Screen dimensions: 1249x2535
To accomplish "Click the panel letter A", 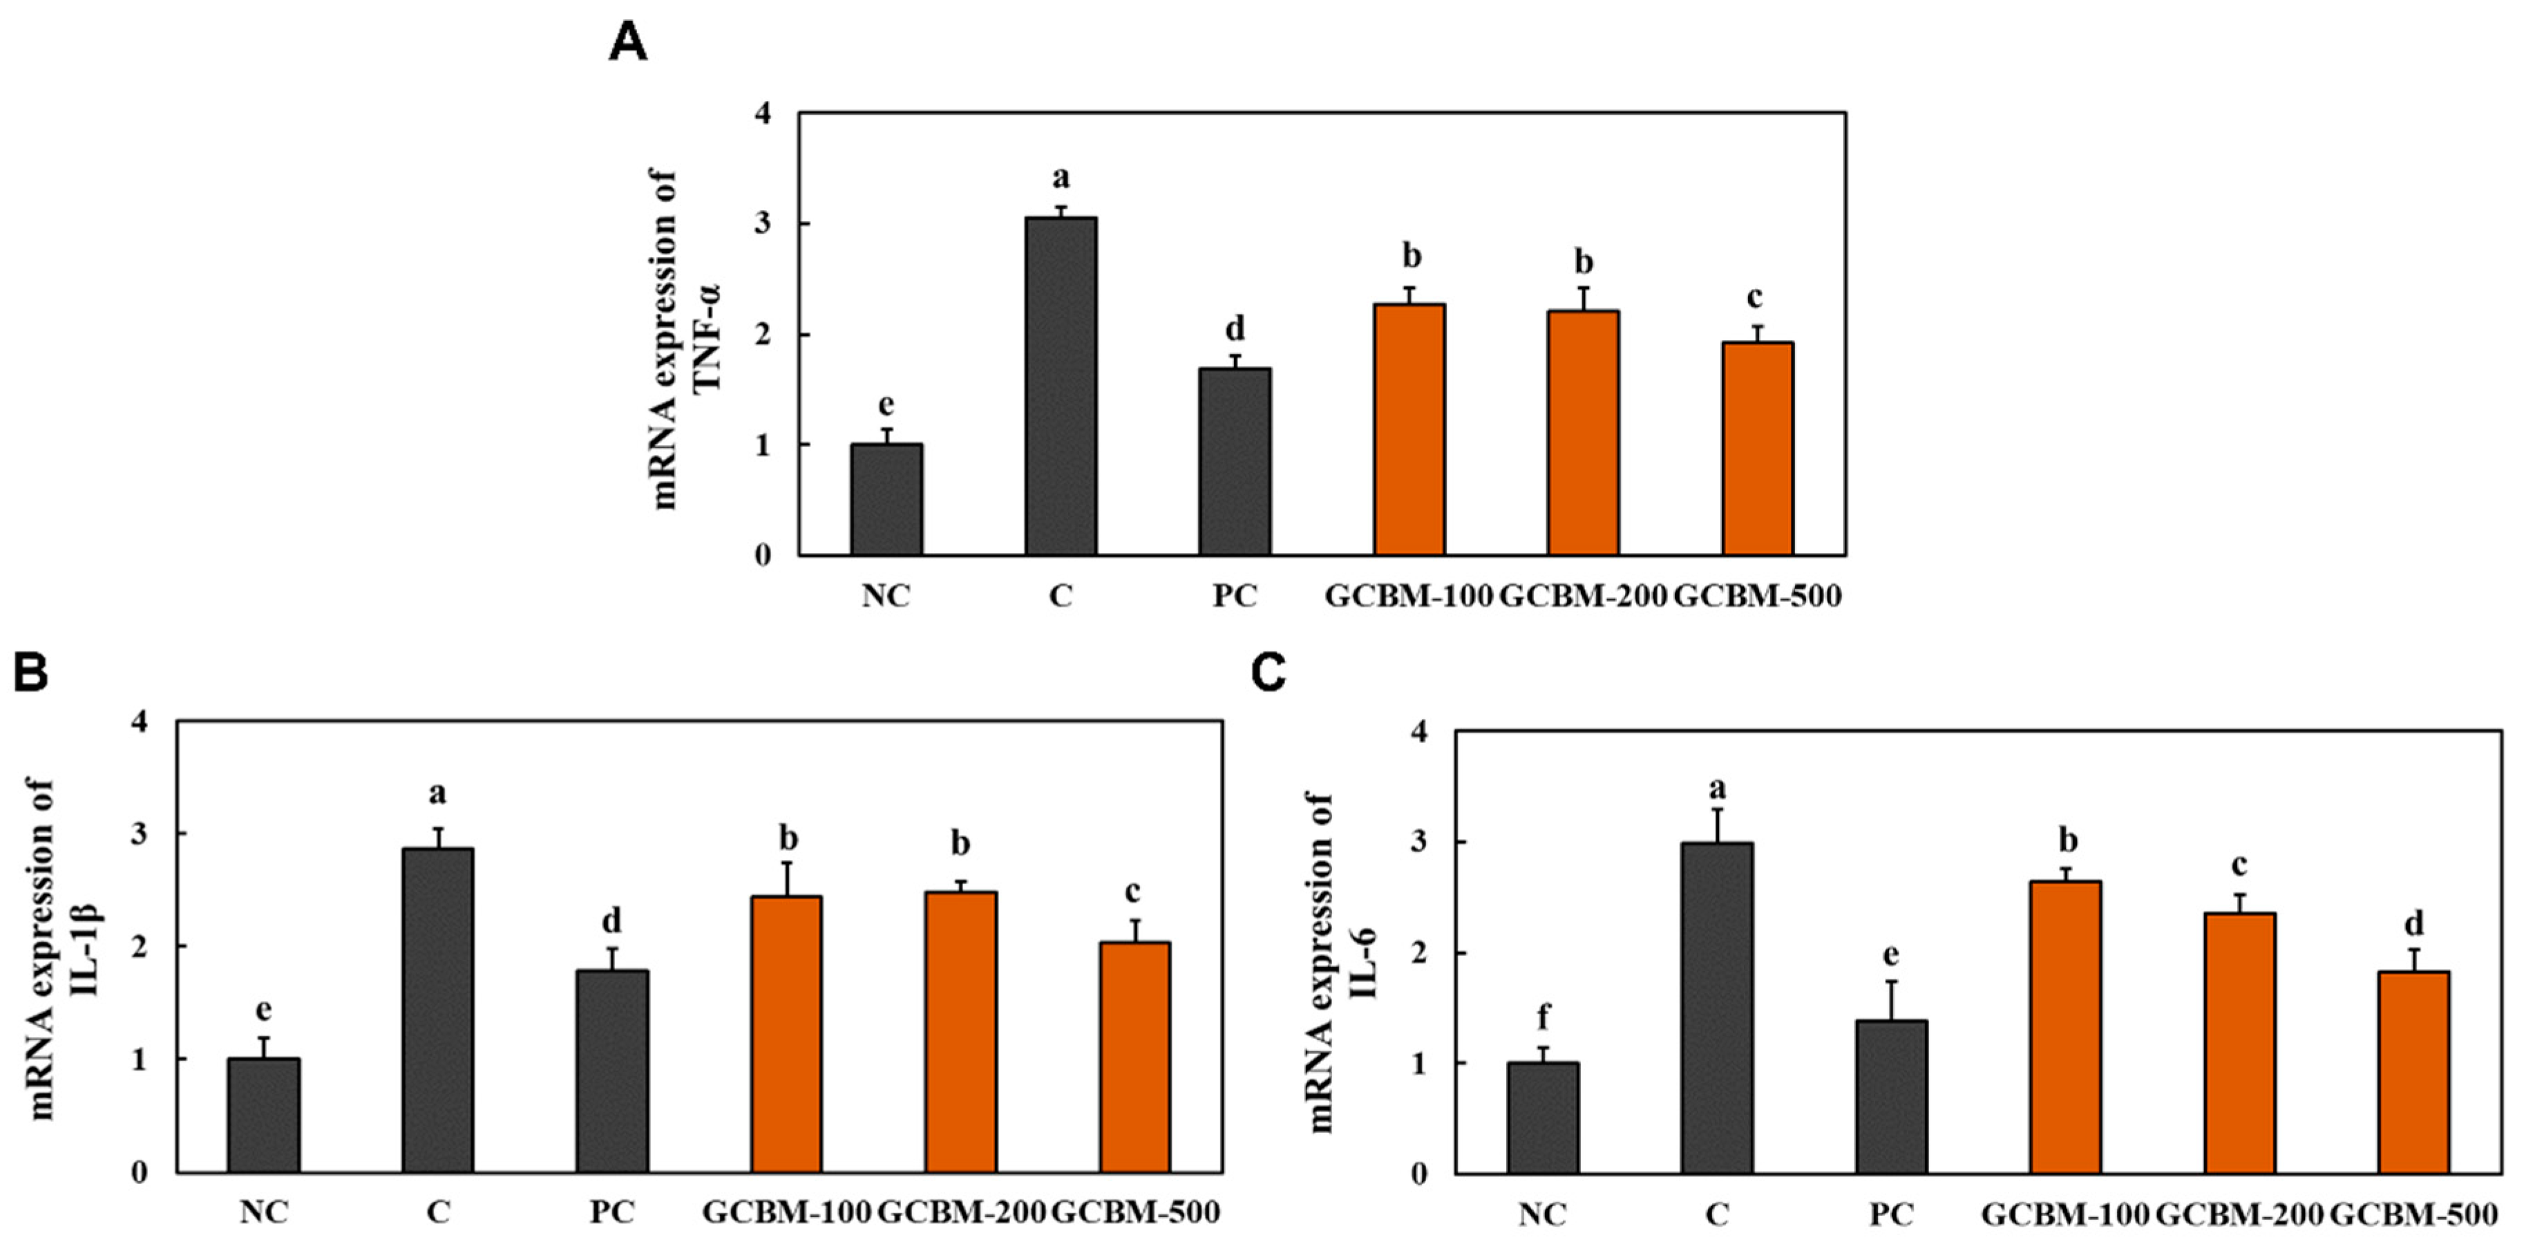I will pyautogui.click(x=628, y=44).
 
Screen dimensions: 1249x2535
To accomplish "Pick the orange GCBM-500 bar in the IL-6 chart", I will pyautogui.click(x=2413, y=1072).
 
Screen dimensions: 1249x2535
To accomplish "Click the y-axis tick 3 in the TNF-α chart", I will pyautogui.click(x=763, y=225).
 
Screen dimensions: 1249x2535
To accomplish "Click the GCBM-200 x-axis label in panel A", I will pyautogui.click(x=1582, y=595).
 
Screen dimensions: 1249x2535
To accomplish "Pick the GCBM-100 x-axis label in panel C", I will pyautogui.click(x=2064, y=1214).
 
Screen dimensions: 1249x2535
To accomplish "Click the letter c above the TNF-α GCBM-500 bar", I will pyautogui.click(x=1756, y=297).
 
